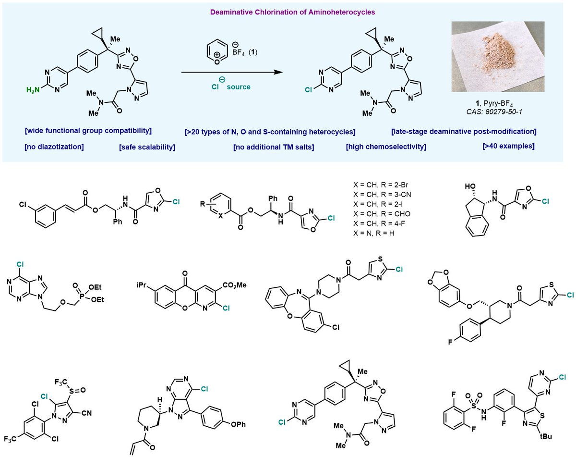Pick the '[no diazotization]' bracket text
tap(53, 147)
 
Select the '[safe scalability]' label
tap(147, 147)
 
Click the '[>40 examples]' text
tap(510, 146)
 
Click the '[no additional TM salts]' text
tap(274, 147)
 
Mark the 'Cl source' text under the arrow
tap(229, 87)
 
